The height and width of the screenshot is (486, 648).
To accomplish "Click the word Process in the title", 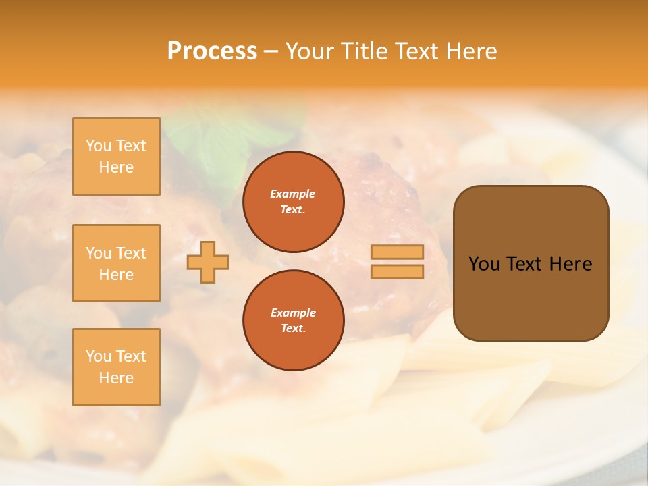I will click(212, 51).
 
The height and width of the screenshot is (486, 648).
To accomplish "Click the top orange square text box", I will click(116, 157).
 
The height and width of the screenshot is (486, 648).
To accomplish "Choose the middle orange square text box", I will click(116, 263).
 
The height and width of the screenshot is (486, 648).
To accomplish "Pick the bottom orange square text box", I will click(116, 367).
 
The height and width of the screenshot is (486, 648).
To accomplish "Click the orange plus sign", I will click(208, 263).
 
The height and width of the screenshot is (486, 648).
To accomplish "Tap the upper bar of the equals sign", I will click(397, 252).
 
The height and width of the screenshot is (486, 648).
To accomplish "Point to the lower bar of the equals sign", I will click(397, 272).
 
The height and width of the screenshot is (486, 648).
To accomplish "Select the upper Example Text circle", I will click(293, 201).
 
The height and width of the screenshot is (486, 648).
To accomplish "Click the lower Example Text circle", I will click(293, 320).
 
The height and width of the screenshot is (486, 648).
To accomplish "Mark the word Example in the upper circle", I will click(293, 194).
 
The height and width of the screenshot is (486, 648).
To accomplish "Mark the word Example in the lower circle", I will click(293, 313).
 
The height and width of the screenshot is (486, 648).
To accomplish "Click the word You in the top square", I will click(99, 146).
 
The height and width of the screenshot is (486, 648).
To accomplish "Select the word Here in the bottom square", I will click(116, 378).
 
